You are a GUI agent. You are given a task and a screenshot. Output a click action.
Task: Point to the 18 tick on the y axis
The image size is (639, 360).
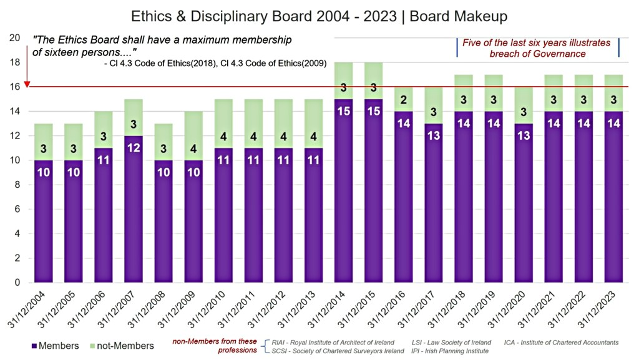pyautogui.click(x=15, y=62)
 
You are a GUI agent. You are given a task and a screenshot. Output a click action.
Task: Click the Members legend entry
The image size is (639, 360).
pyautogui.click(x=57, y=346)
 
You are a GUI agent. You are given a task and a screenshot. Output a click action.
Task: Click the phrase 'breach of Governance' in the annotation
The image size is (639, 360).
pyautogui.click(x=537, y=54)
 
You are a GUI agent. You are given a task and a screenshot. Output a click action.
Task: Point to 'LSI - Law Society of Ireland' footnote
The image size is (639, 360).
pyautogui.click(x=451, y=343)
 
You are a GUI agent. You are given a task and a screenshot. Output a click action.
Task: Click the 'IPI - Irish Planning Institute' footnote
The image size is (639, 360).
pyautogui.click(x=451, y=351)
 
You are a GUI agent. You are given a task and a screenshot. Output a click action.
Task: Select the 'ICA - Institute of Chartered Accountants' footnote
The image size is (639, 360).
pyautogui.click(x=561, y=343)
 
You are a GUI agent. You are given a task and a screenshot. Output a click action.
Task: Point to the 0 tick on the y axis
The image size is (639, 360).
pyautogui.click(x=17, y=283)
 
